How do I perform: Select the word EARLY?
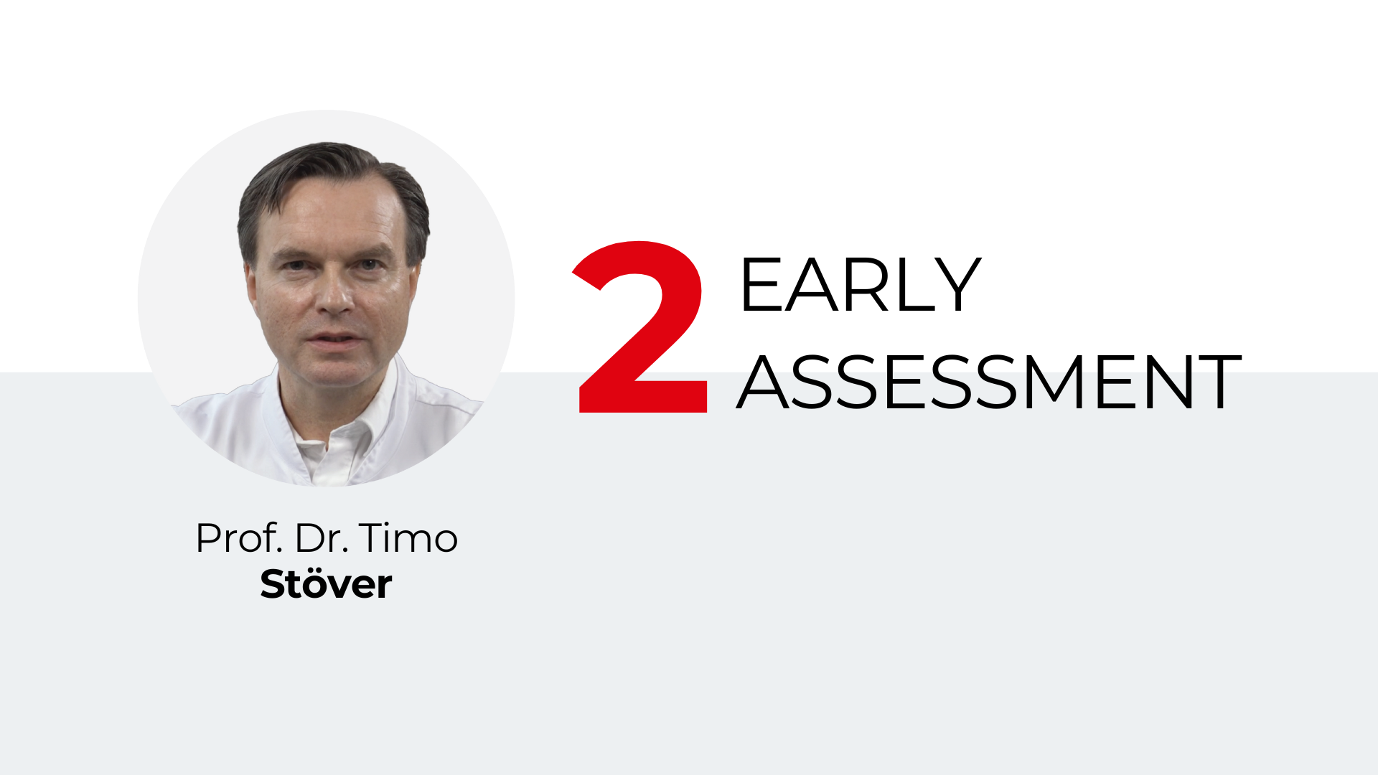click(860, 285)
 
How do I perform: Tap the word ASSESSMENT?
click(989, 382)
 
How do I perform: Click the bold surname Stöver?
click(326, 583)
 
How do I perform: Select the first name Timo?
click(408, 538)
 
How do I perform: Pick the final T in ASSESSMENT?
click(1214, 382)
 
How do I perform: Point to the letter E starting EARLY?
click(759, 285)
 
